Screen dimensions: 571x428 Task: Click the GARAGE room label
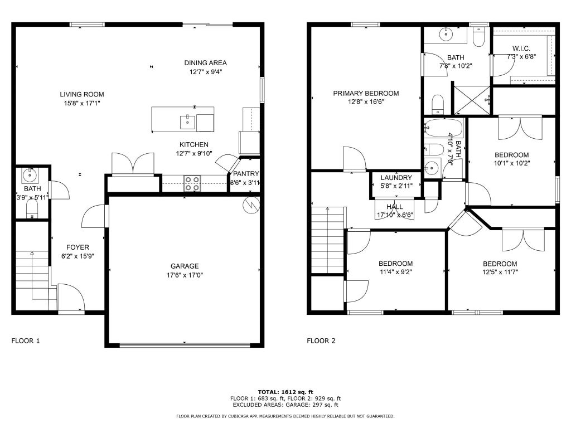(x=185, y=266)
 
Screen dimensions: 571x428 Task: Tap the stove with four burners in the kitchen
(x=192, y=183)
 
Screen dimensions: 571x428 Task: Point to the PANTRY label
(x=246, y=174)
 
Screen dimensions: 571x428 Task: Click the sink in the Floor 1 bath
(x=29, y=176)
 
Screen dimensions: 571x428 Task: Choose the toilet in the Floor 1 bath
(x=32, y=210)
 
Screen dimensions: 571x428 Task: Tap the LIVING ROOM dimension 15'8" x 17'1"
(x=82, y=103)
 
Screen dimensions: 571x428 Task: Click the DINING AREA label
(x=205, y=62)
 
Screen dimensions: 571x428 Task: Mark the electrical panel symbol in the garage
(x=250, y=205)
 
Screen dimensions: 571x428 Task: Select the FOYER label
(x=78, y=247)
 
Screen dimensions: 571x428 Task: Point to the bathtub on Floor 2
(x=443, y=128)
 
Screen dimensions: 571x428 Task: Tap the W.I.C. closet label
(x=521, y=48)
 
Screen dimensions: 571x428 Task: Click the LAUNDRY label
(x=396, y=178)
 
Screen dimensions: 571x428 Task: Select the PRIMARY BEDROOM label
(x=366, y=93)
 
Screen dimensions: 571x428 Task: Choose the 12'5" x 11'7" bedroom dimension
(x=500, y=272)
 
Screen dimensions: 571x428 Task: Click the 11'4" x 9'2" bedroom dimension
(x=395, y=271)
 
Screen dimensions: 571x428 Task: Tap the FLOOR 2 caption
(x=321, y=341)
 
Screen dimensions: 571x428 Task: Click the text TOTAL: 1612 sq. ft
(x=285, y=392)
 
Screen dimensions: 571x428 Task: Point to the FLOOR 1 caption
(x=26, y=341)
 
